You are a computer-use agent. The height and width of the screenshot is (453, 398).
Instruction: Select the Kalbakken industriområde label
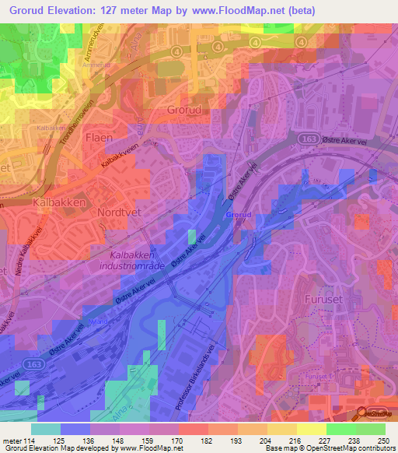coord(138,261)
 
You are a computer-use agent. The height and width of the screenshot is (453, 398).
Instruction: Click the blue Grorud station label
coord(238,213)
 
